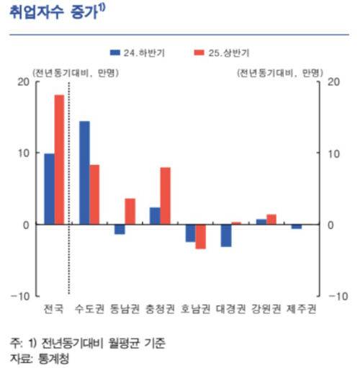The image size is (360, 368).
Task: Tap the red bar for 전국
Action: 60,159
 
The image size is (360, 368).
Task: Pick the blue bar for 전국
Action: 49,189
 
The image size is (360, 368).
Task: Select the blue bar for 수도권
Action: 84,173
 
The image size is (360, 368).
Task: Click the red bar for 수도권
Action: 95,194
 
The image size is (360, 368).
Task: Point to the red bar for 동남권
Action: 130,211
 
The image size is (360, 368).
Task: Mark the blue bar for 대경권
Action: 226,235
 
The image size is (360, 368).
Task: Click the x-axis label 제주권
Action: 302,310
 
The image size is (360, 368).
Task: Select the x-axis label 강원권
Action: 266,310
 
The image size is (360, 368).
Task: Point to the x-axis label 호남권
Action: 196,310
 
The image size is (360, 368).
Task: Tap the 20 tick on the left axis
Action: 23,81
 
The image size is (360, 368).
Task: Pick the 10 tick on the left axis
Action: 23,153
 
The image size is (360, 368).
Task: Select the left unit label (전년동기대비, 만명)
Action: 75,72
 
